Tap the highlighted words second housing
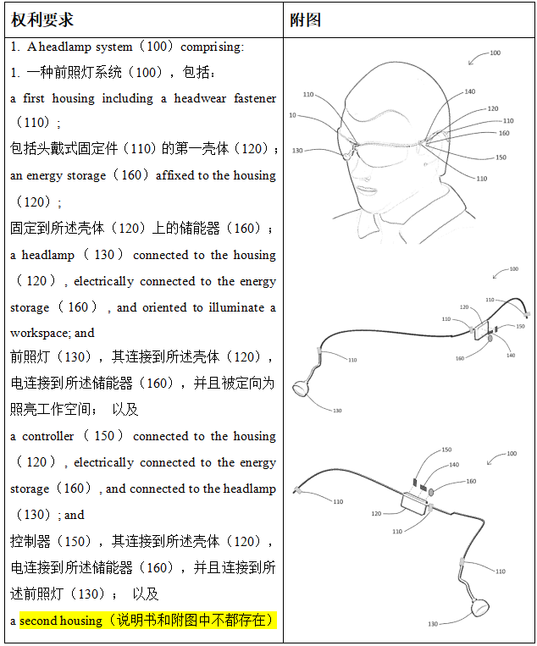60,621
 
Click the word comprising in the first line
212,47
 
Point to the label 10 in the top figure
292,115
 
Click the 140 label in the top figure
469,93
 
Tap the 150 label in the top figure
501,157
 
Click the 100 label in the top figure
495,53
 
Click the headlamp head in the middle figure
302,389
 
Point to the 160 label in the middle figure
460,358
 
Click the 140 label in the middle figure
510,355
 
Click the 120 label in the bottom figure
375,514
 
